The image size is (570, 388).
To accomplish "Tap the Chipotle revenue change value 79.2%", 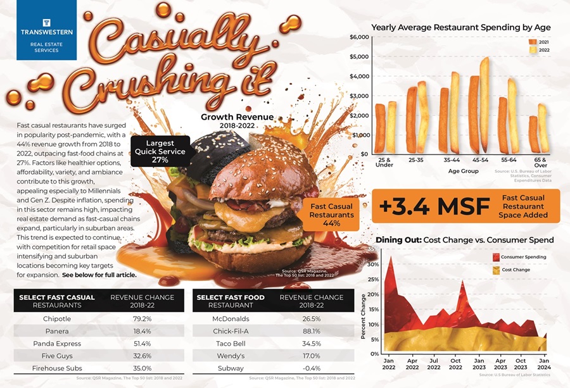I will click(142, 318).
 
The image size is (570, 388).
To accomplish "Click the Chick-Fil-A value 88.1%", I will click(311, 330).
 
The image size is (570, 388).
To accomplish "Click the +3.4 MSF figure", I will click(436, 206).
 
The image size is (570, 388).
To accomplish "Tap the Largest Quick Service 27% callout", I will click(160, 151).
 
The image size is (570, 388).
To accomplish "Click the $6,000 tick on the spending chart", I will click(358, 37).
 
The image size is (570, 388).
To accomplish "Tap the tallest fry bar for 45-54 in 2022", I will click(484, 104).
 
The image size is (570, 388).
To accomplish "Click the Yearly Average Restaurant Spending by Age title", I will click(460, 27).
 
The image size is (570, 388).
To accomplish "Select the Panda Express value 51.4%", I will click(142, 343).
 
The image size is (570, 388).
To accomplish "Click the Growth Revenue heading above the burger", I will click(237, 117).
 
